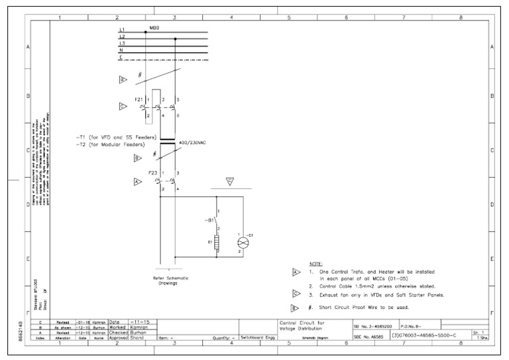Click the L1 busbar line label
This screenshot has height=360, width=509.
[122, 30]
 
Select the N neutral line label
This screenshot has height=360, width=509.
[121, 50]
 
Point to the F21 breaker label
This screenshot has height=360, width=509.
[139, 99]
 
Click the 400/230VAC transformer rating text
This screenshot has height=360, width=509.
[194, 142]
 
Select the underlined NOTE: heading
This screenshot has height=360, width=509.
[316, 264]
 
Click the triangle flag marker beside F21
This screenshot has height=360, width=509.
[123, 106]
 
